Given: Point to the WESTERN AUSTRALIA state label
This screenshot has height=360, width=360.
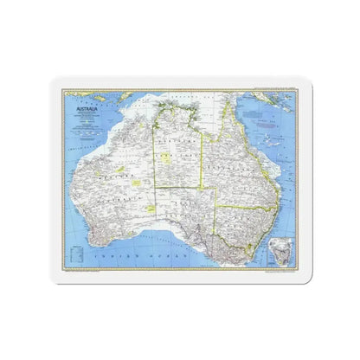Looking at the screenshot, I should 108,186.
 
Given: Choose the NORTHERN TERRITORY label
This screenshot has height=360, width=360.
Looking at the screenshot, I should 177,147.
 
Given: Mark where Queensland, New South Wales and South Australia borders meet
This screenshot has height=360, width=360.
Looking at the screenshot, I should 216,205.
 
